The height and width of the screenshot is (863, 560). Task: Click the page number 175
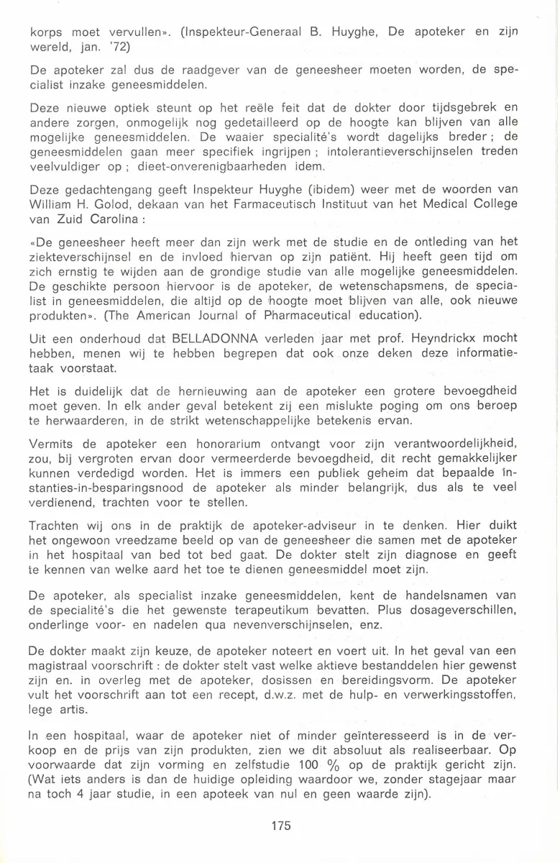click(281, 826)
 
